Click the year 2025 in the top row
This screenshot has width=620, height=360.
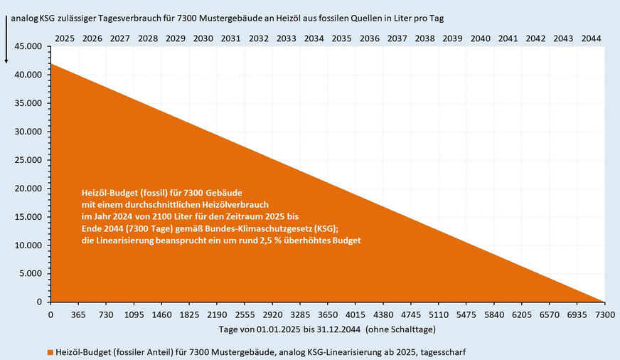pyautogui.click(x=64, y=38)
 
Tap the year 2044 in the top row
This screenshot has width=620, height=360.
pyautogui.click(x=591, y=38)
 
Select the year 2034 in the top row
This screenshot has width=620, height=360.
pyautogui.click(x=314, y=38)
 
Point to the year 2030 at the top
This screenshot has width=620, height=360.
pyautogui.click(x=203, y=38)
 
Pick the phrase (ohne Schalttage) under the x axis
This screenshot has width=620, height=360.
pyautogui.click(x=397, y=329)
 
